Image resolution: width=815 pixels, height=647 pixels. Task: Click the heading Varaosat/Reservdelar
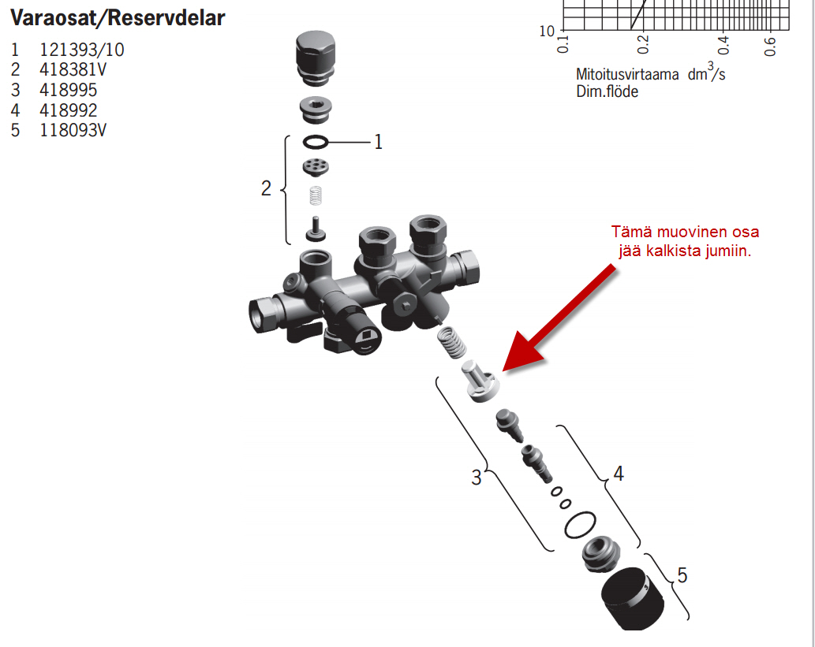pos(118,18)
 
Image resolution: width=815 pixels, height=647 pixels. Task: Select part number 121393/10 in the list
pos(81,50)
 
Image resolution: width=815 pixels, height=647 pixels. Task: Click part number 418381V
pos(73,69)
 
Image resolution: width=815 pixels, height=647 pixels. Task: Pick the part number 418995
pos(68,90)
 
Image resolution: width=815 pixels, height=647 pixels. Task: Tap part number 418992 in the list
pos(68,110)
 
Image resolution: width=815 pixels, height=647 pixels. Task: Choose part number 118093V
pos(73,130)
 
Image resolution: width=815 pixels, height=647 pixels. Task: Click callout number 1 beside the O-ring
pos(379,142)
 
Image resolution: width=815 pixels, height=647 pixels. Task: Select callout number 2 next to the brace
pos(266,188)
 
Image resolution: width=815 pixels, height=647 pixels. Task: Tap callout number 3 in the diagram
pos(476,478)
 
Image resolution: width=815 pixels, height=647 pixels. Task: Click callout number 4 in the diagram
pos(619,473)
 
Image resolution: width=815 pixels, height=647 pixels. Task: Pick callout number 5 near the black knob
pos(682,574)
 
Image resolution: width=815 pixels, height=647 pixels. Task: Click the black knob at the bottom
pos(633,599)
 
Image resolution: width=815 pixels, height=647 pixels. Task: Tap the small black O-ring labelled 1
pos(316,142)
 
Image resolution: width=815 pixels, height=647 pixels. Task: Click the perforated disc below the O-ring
pos(316,167)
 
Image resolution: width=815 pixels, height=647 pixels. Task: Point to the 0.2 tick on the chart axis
pos(643,44)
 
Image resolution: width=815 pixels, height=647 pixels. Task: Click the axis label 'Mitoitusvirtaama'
pos(627,75)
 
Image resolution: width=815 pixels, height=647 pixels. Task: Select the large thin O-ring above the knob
pos(580,525)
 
